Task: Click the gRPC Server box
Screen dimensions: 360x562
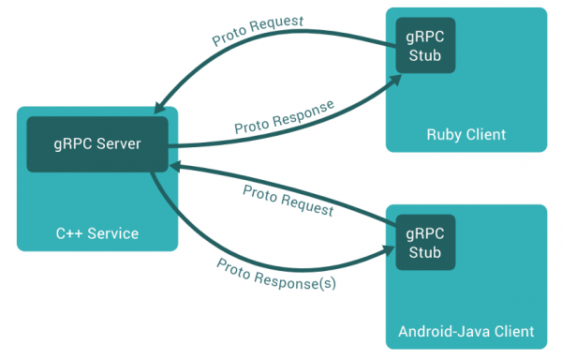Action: [97, 143]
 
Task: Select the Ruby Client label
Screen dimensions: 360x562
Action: [466, 134]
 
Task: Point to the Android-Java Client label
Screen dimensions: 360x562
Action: [466, 331]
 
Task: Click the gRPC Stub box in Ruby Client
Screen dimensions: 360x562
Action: [426, 45]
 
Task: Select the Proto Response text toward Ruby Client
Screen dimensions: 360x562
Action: [284, 115]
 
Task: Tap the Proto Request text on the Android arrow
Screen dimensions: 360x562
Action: [288, 200]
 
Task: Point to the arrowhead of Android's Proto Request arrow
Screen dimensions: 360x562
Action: [173, 165]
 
